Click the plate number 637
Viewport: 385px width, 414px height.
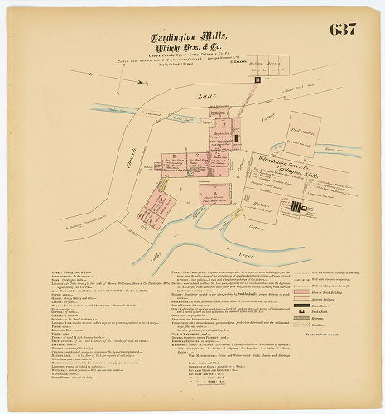342,29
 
